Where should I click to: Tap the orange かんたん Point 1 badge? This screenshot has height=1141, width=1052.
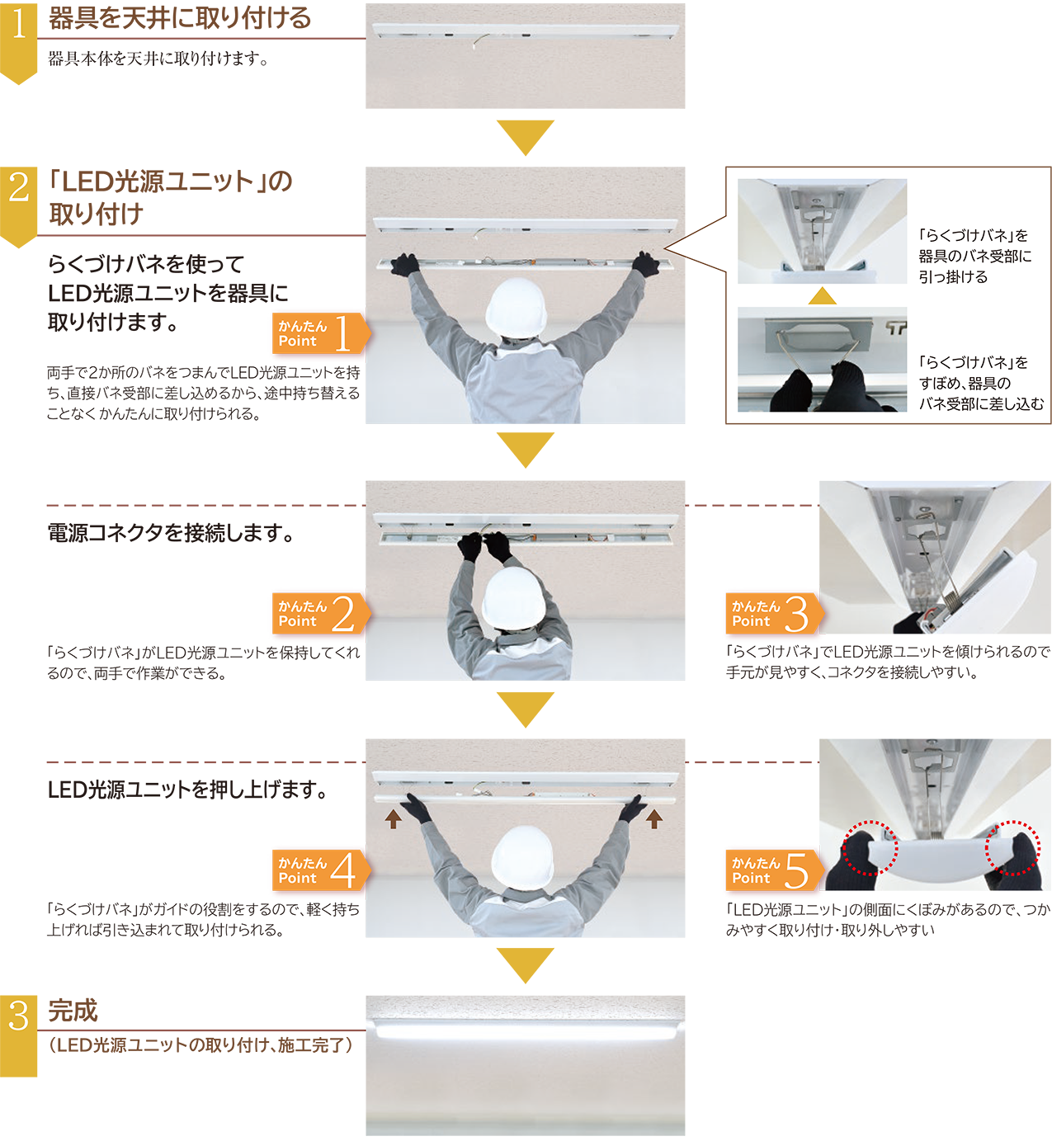pyautogui.click(x=321, y=333)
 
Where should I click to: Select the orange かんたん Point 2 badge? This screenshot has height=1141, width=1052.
pyautogui.click(x=321, y=614)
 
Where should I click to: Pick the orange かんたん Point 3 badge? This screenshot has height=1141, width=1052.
pyautogui.click(x=774, y=614)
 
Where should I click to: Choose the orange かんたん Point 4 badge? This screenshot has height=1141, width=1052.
pyautogui.click(x=321, y=870)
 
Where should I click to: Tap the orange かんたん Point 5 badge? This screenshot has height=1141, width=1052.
pyautogui.click(x=774, y=870)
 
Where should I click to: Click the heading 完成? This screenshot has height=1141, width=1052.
pyautogui.click(x=73, y=1011)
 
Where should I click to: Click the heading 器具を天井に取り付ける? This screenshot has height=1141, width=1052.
pyautogui.click(x=179, y=18)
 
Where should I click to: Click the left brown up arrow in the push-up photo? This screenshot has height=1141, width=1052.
pyautogui.click(x=394, y=819)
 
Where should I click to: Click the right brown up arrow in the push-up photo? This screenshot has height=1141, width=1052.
pyautogui.click(x=653, y=819)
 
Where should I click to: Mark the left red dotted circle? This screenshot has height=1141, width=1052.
pyautogui.click(x=869, y=848)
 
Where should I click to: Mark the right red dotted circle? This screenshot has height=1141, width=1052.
pyautogui.click(x=1012, y=848)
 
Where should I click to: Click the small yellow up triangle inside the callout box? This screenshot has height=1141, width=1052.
pyautogui.click(x=822, y=296)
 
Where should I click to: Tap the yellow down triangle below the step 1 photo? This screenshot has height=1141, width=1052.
pyautogui.click(x=526, y=138)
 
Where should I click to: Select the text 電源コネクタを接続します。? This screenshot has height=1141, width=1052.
pyautogui.click(x=172, y=533)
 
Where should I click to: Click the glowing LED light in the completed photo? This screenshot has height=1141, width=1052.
pyautogui.click(x=526, y=1031)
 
